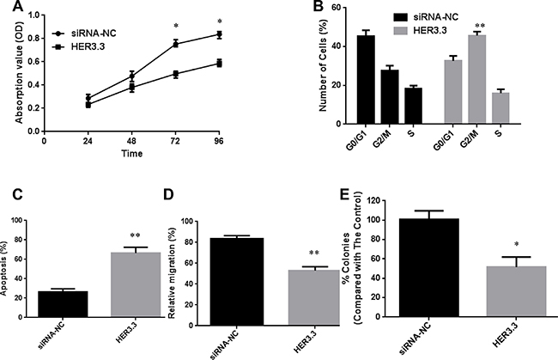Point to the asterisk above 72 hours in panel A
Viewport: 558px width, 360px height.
pyautogui.click(x=175, y=27)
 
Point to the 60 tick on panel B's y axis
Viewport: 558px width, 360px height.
pyautogui.click(x=327, y=8)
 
